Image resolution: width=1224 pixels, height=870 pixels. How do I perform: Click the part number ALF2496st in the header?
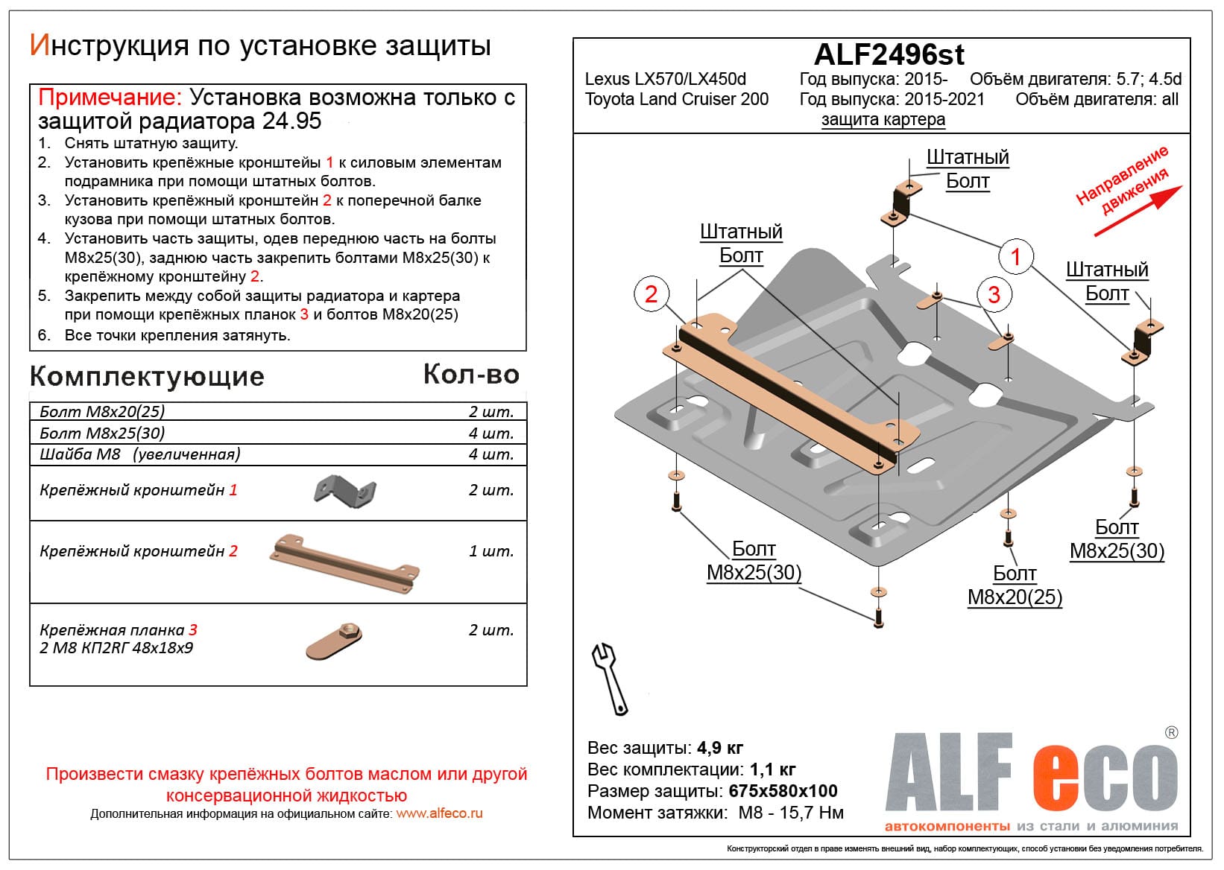pos(889,55)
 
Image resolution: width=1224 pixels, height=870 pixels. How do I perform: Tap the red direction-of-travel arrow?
pos(1138,211)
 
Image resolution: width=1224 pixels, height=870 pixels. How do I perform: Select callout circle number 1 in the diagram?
pos(1015,256)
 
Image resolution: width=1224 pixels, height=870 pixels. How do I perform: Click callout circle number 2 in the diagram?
pos(651,294)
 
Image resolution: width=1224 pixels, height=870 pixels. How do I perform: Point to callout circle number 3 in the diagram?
pos(993,294)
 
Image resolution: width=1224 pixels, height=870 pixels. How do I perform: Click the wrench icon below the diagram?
pos(610,678)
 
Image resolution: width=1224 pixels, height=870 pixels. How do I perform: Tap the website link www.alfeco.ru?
pos(439,813)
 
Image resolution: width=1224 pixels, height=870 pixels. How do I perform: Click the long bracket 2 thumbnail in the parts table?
pos(344,563)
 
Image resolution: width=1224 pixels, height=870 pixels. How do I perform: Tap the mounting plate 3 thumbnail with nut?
pos(335,641)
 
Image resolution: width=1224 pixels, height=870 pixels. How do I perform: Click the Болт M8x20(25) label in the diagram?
pos(1015,585)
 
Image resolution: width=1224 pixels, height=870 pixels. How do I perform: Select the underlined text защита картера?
pos(883,119)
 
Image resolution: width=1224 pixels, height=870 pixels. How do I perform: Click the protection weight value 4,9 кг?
pos(720,747)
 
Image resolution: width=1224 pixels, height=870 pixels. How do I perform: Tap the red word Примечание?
pos(109,97)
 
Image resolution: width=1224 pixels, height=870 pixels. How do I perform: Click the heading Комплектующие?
pos(147,376)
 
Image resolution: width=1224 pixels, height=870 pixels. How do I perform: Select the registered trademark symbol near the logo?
pos(1171,732)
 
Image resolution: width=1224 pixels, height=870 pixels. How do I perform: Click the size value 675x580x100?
pos(783,791)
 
